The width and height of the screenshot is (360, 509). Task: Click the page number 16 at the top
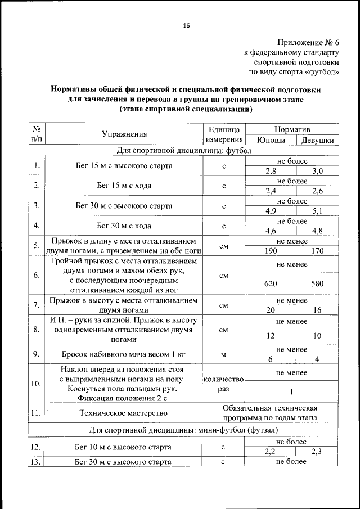[x=186, y=25]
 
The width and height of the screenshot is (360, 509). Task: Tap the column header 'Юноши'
[x=271, y=141]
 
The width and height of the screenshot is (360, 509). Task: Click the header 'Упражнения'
[x=124, y=134]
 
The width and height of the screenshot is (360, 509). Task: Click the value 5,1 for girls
[x=317, y=211]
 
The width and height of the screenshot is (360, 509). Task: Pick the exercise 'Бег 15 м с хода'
[x=124, y=186]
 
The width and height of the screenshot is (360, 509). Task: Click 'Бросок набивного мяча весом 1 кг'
[x=124, y=355]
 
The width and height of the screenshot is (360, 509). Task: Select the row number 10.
[x=36, y=384]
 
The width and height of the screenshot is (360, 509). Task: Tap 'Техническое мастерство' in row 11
[x=124, y=413]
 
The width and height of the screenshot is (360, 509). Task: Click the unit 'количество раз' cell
[x=223, y=384]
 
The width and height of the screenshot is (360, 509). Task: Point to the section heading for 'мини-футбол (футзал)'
[x=183, y=430]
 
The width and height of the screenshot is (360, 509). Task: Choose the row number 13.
[x=36, y=462]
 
